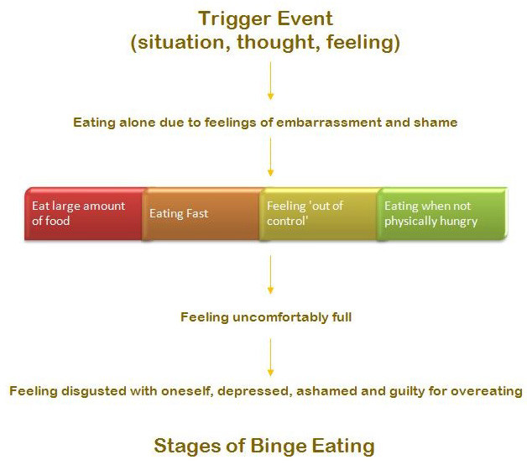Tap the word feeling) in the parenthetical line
363,43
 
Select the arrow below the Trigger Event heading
270,81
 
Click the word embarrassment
329,122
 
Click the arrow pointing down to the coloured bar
270,157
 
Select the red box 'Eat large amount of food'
85,214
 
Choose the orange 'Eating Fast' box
202,214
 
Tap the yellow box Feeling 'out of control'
319,214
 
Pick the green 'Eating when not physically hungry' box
442,214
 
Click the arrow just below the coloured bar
270,274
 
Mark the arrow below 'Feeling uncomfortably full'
270,357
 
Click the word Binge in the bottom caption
279,447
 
